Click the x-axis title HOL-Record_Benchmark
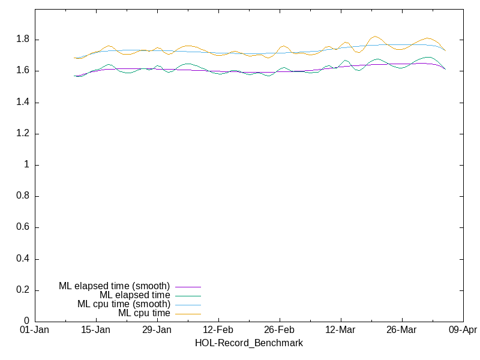[248, 343]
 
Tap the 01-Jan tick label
[35, 330]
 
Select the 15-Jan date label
[96, 330]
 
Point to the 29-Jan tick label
[157, 330]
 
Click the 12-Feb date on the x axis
[218, 330]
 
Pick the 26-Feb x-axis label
[280, 330]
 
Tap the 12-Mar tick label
[341, 330]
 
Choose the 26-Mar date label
[402, 330]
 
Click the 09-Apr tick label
[463, 330]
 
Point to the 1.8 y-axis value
[22, 40]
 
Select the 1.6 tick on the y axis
[22, 71]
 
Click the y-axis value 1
[27, 165]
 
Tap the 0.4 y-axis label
[22, 259]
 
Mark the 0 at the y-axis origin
[27, 322]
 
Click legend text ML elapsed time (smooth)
[114, 286]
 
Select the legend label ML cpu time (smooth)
[124, 304]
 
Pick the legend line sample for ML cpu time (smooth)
[188, 305]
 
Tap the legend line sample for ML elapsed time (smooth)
[188, 287]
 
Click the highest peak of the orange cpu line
[374, 37]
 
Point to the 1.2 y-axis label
[22, 134]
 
